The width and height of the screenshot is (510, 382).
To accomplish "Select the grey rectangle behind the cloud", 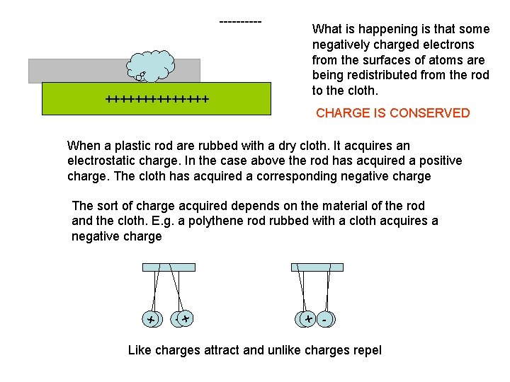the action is (x=78, y=71).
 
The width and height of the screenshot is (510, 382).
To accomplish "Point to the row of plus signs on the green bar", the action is (x=157, y=100).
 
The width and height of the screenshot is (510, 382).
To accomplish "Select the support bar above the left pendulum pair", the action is (x=168, y=267).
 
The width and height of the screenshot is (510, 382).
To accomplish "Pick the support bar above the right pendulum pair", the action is (x=317, y=267).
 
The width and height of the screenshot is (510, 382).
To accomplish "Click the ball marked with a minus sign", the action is (x=325, y=320).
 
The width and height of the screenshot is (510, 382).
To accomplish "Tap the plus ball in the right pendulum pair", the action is (x=307, y=320).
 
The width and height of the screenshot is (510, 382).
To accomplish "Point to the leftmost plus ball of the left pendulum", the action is (x=150, y=320).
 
